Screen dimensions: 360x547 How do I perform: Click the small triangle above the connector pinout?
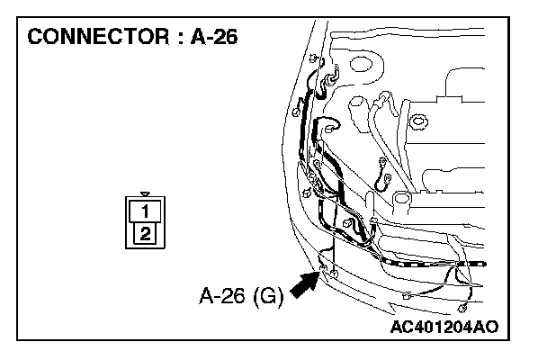pos(144,194)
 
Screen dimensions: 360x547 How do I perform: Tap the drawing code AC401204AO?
pos(445,326)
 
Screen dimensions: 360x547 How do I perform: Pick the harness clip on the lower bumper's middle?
pos(407,294)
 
